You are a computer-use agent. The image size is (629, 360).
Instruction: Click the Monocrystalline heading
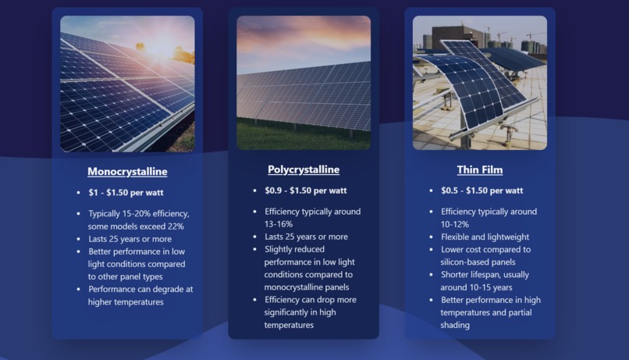[127, 172]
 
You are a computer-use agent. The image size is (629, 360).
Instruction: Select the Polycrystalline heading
[304, 169]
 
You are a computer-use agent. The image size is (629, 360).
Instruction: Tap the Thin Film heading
[480, 169]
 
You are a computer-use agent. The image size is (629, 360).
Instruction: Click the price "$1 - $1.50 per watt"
[126, 192]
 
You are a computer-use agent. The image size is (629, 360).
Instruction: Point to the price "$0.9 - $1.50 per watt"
[306, 191]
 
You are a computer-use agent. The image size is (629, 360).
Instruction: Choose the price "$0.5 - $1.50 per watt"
[482, 191]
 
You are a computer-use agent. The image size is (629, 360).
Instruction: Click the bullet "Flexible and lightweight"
[485, 237]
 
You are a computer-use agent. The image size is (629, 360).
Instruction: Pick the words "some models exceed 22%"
[136, 226]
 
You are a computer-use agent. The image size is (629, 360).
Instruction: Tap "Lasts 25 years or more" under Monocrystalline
[130, 239]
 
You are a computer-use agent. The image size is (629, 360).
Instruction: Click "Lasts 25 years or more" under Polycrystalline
[306, 237]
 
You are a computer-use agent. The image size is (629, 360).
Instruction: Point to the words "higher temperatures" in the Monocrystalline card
[126, 301]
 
